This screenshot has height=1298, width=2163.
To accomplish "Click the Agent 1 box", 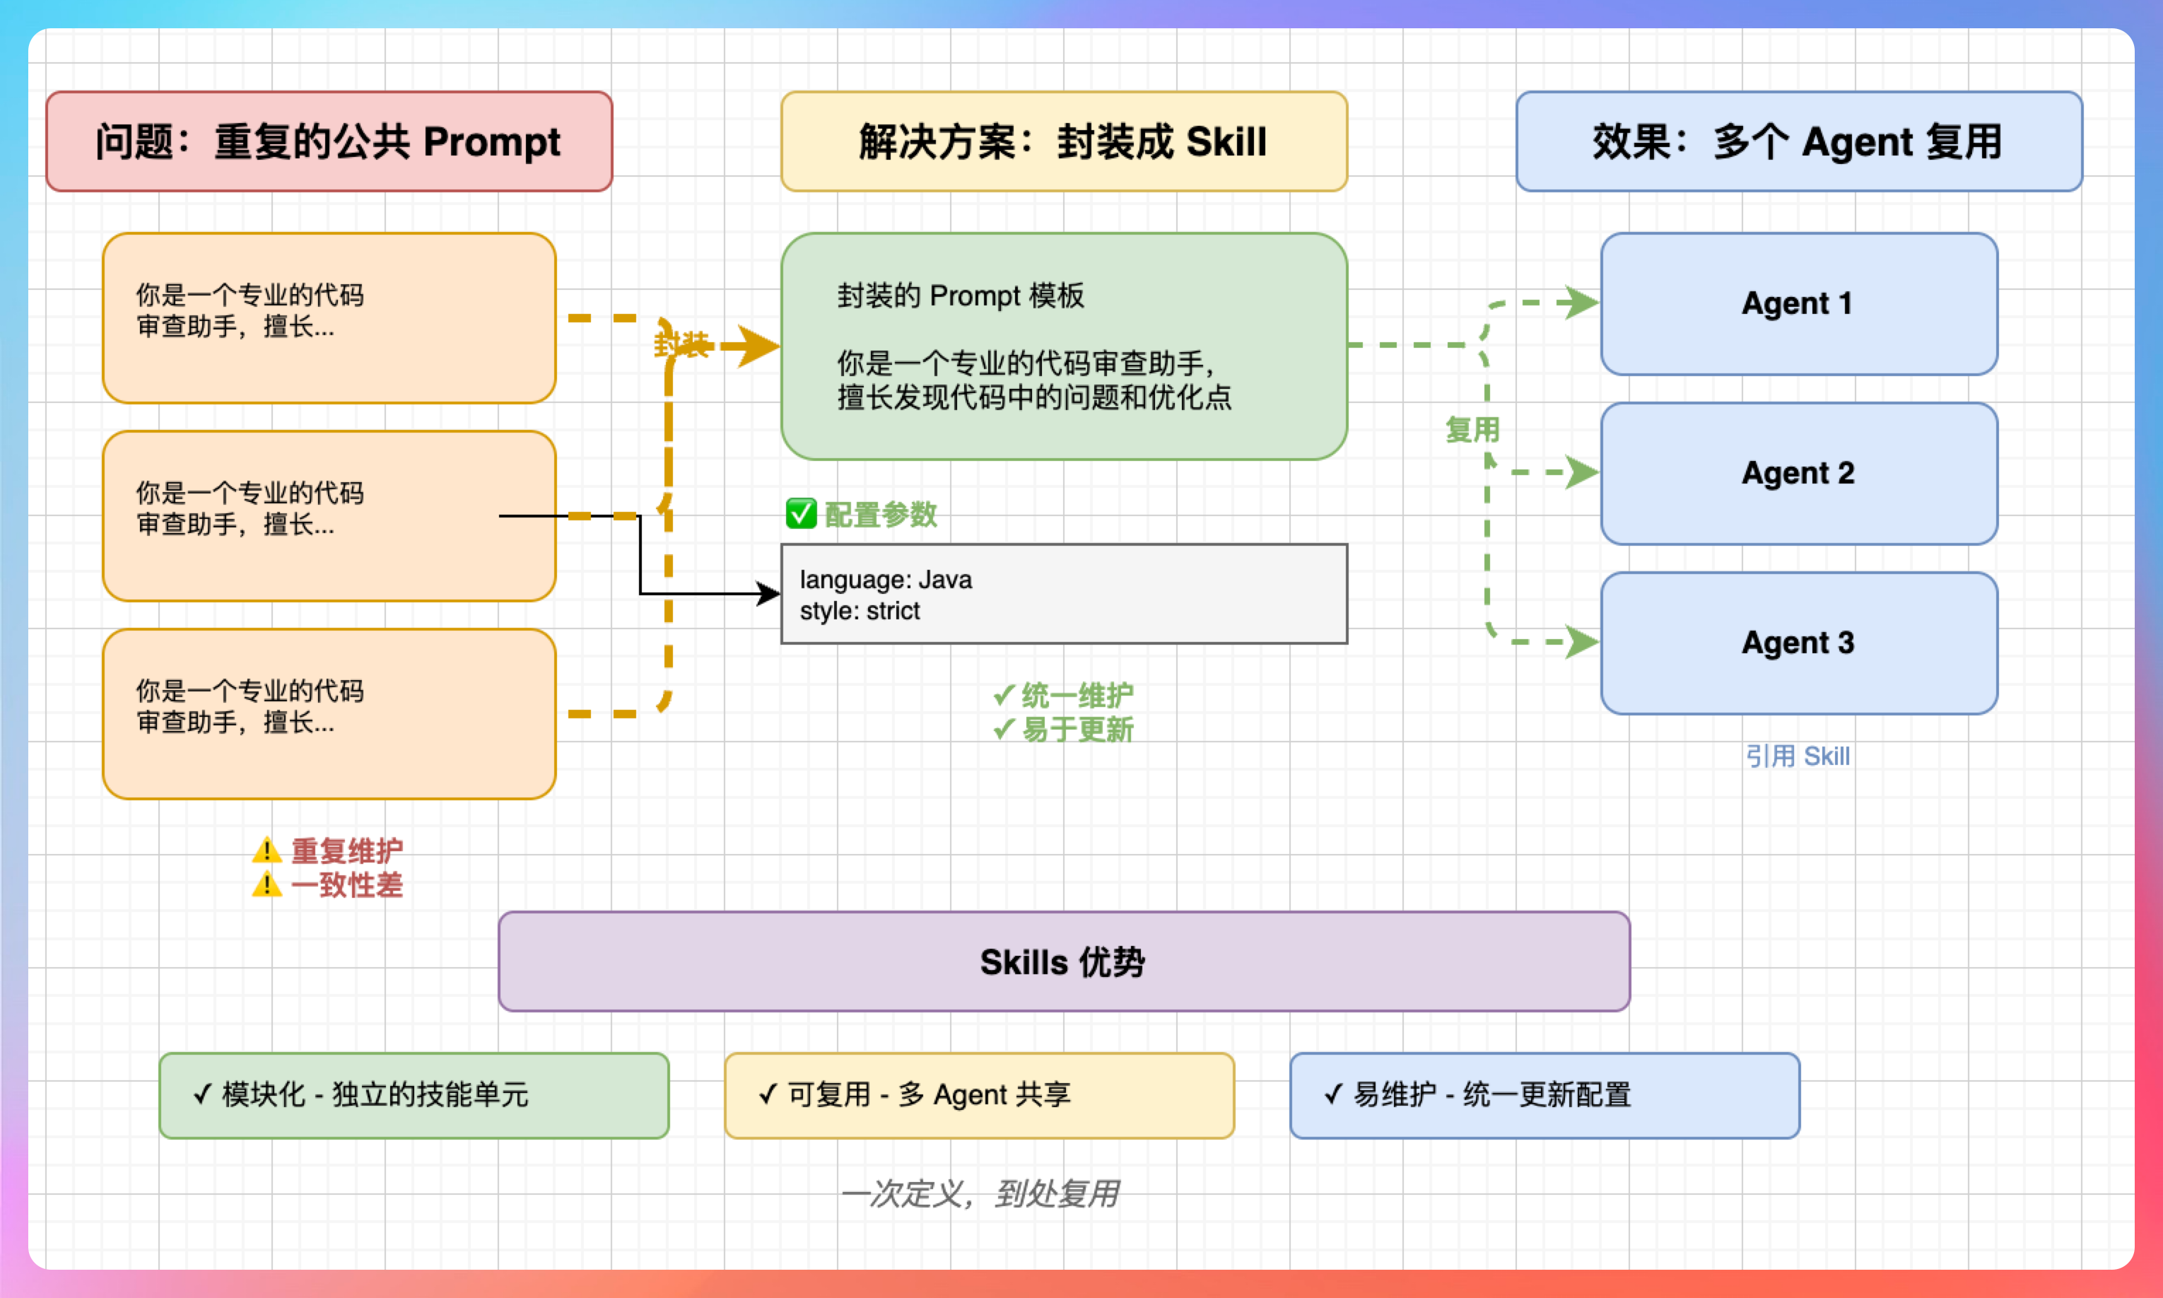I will (x=1798, y=303).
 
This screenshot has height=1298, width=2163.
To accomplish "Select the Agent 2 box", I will (x=1798, y=473).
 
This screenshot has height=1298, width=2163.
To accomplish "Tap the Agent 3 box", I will (x=1798, y=643).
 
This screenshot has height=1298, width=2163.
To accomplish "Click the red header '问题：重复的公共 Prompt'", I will (x=329, y=141).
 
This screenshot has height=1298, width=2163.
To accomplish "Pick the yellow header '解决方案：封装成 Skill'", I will (x=1063, y=141).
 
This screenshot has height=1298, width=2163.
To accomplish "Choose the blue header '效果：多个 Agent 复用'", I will (x=1798, y=141).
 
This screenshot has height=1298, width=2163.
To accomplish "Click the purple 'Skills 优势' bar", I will (x=1063, y=961).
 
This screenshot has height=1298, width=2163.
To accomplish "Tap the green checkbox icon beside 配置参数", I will (x=801, y=514).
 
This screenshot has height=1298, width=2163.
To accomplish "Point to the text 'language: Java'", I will (x=886, y=580).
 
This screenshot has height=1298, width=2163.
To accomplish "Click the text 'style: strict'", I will (x=860, y=611).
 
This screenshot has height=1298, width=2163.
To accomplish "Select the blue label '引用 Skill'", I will (x=1798, y=756).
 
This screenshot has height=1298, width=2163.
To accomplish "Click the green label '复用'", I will (x=1472, y=429).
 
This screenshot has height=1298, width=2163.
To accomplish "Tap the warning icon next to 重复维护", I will (x=266, y=850).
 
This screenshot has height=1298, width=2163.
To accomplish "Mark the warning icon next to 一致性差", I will (x=266, y=884).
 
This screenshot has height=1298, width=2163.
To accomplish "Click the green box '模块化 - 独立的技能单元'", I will (x=414, y=1095).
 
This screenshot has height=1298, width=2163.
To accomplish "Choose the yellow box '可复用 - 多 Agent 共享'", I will (x=979, y=1095).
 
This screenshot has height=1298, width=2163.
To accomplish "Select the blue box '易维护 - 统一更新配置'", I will (x=1544, y=1095).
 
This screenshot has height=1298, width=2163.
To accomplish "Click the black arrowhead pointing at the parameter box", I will (x=769, y=595).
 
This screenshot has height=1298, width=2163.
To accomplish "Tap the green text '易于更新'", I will (x=1077, y=730).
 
